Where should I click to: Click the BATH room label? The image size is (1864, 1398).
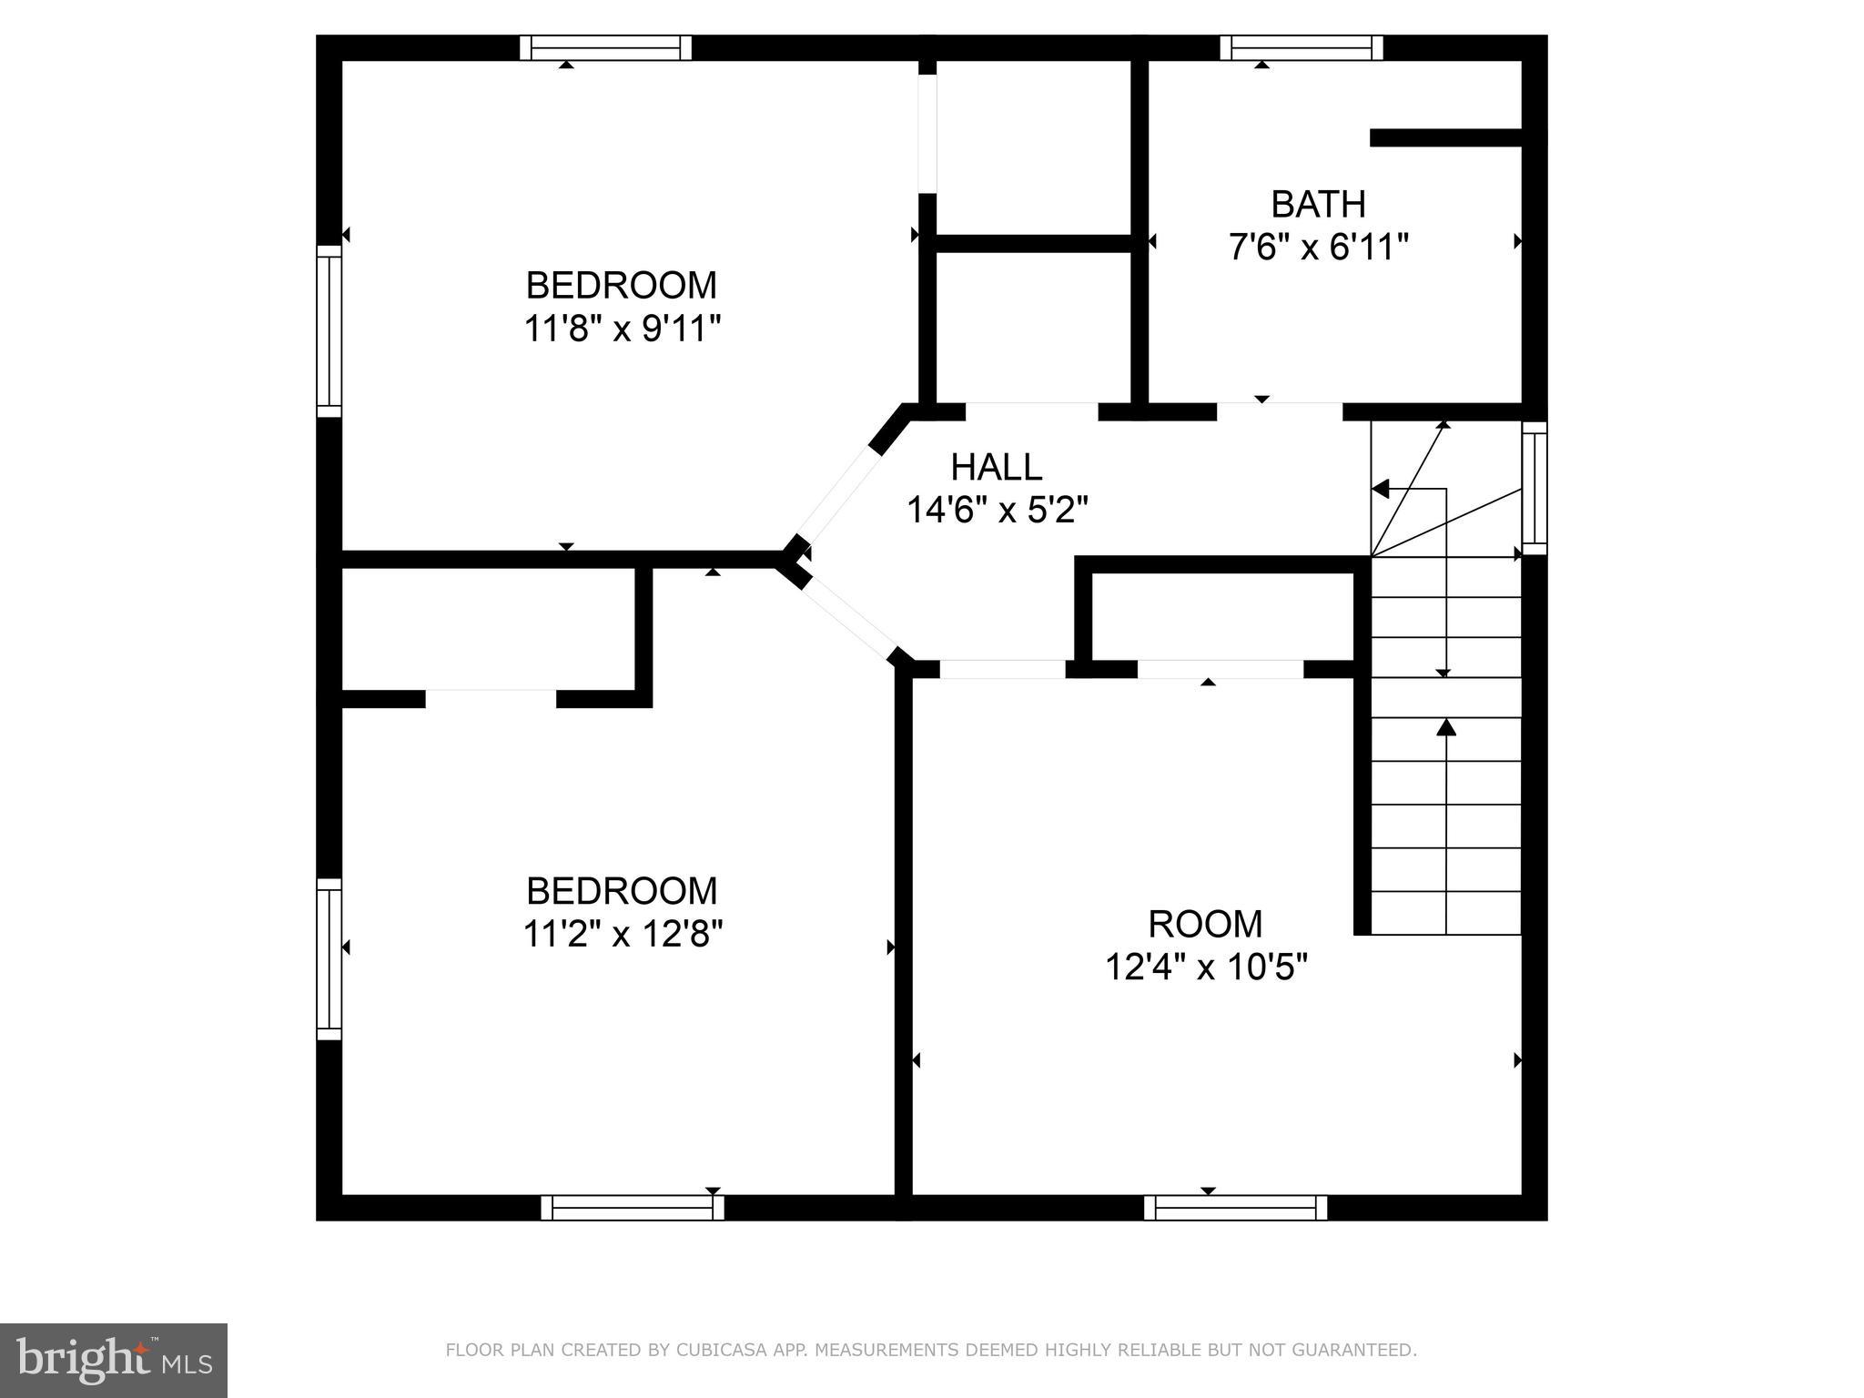tap(1318, 205)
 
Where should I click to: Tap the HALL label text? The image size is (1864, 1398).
tap(997, 468)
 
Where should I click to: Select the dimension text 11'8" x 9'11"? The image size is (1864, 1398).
tap(622, 329)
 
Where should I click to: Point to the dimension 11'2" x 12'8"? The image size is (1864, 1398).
tap(623, 934)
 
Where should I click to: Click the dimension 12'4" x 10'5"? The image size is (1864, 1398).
tap(1206, 967)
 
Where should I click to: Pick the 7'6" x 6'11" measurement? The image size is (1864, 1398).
tap(1319, 248)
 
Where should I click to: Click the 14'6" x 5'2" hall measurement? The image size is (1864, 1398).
tap(998, 511)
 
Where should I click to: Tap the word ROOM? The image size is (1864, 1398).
tap(1205, 925)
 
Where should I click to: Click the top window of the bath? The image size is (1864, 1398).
tap(1302, 47)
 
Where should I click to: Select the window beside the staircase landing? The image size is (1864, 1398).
tap(1535, 488)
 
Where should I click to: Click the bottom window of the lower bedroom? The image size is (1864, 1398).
tap(633, 1208)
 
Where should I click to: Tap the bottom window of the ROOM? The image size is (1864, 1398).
tap(1235, 1208)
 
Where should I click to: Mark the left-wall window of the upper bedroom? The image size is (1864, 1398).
tap(329, 331)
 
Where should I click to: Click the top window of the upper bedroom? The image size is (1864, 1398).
tap(605, 47)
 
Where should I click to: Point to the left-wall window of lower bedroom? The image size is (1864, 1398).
tap(329, 959)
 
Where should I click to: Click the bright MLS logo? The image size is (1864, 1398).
tap(113, 1360)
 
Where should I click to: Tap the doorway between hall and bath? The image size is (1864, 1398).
tap(1280, 410)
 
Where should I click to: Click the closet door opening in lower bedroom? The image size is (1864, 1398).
tap(491, 698)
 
